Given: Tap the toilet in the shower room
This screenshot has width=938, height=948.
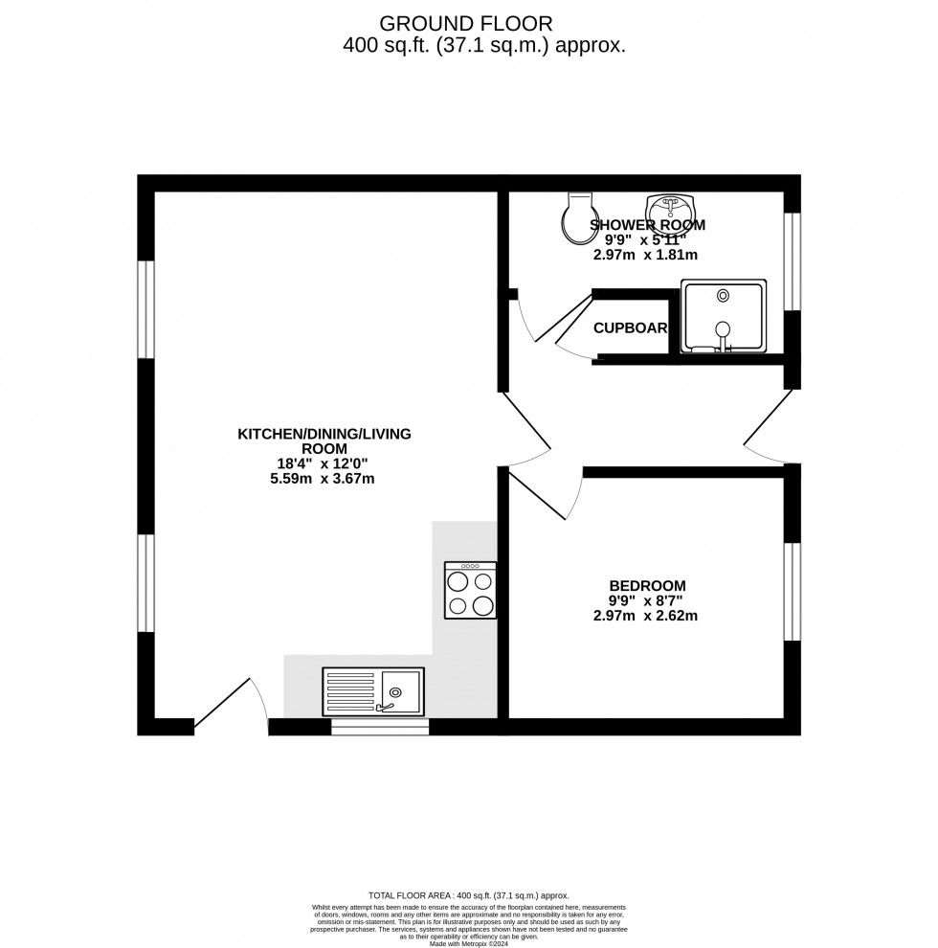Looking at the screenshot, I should pos(578,219).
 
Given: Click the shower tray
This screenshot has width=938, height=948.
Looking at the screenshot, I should pos(724,317).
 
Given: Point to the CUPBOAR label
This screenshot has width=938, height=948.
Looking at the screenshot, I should pos(630,328).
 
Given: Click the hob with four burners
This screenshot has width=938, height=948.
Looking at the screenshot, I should pos(470,590).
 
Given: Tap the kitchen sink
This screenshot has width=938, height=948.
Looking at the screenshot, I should pos(373,690).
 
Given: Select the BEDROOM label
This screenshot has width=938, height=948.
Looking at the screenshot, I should pos(647,586).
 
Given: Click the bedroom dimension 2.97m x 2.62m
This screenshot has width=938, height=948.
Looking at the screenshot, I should pos(645,616).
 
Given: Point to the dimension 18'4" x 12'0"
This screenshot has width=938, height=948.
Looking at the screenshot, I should pos(324,463).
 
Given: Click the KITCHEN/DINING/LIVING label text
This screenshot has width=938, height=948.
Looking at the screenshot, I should pos(324,434).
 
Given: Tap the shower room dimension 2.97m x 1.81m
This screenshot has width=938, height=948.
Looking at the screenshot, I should pos(645,256).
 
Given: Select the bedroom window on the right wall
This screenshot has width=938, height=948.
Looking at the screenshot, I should pos(793,591).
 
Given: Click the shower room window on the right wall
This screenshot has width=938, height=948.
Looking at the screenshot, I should pos(793,260).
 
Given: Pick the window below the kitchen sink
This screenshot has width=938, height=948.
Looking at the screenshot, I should pos(380,728).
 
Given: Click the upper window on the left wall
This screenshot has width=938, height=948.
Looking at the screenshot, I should pos(145,308).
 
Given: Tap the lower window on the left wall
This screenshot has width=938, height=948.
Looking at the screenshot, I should pos(145,583).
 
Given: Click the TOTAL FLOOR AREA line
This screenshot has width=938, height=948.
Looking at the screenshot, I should pos(469,894).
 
